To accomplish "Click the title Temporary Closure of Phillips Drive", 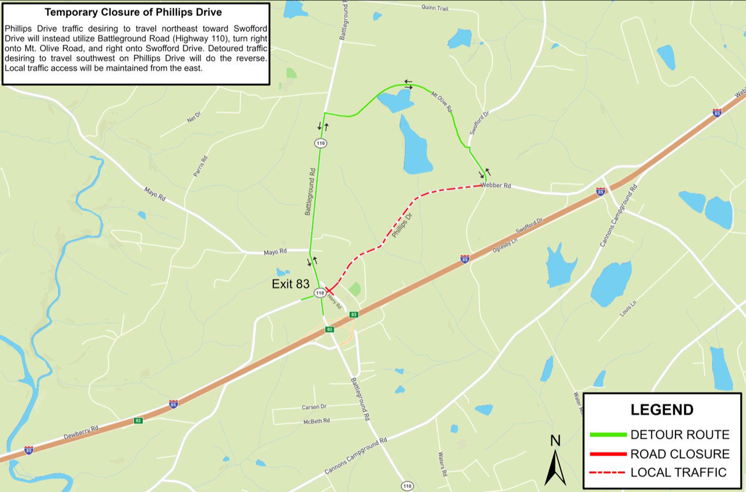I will click(133, 12).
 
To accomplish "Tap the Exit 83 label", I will click(290, 284).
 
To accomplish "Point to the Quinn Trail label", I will click(435, 7).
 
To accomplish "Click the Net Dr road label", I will click(193, 116).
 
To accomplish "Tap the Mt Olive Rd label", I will click(441, 100).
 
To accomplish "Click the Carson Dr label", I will click(314, 407).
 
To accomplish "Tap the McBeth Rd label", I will click(316, 421).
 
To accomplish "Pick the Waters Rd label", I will click(441, 463).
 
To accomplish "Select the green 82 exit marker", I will click(138, 420).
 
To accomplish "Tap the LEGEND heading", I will click(661, 410).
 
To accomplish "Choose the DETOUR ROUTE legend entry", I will click(680, 435).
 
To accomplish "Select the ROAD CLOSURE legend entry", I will click(680, 454).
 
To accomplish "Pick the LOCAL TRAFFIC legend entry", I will click(678, 473).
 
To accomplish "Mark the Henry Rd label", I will click(334, 300).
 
